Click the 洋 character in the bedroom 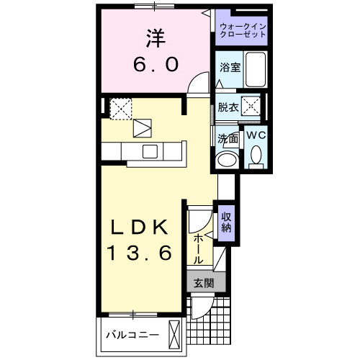pyautogui.click(x=153, y=37)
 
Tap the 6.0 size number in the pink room pyautogui.click(x=153, y=63)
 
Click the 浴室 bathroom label pyautogui.click(x=230, y=67)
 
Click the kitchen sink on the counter pyautogui.click(x=150, y=151)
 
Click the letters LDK pyautogui.click(x=140, y=228)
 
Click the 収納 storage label pyautogui.click(x=227, y=223)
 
